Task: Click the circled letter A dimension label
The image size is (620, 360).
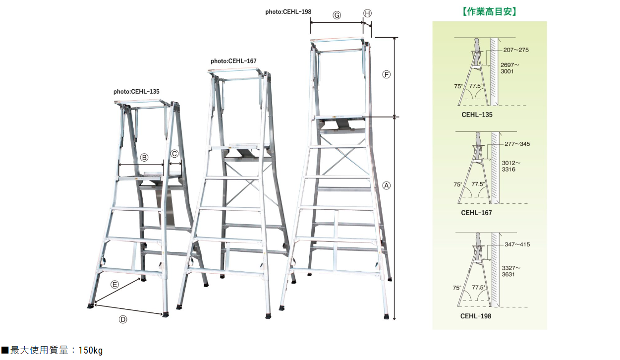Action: click(387, 185)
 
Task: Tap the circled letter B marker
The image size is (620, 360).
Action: click(144, 158)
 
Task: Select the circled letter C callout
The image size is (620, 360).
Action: click(174, 154)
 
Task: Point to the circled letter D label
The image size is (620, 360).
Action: click(123, 319)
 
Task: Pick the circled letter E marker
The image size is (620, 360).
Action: click(114, 285)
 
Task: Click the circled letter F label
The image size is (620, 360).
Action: click(387, 74)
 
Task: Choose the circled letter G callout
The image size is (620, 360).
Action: click(337, 15)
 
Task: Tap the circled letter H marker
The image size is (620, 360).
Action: click(367, 13)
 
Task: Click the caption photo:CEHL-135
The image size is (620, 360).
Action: click(136, 92)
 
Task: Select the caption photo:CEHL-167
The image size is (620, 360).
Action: click(233, 61)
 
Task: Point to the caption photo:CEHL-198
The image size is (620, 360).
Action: click(288, 12)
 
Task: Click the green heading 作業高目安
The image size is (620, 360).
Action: click(489, 11)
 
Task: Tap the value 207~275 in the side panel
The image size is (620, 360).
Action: click(516, 50)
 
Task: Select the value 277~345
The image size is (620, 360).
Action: click(517, 144)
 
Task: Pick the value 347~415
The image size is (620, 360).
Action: click(517, 244)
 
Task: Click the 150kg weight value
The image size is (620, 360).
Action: click(91, 350)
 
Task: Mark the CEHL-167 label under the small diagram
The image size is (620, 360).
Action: click(476, 213)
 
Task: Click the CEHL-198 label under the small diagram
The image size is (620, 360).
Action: click(476, 316)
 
